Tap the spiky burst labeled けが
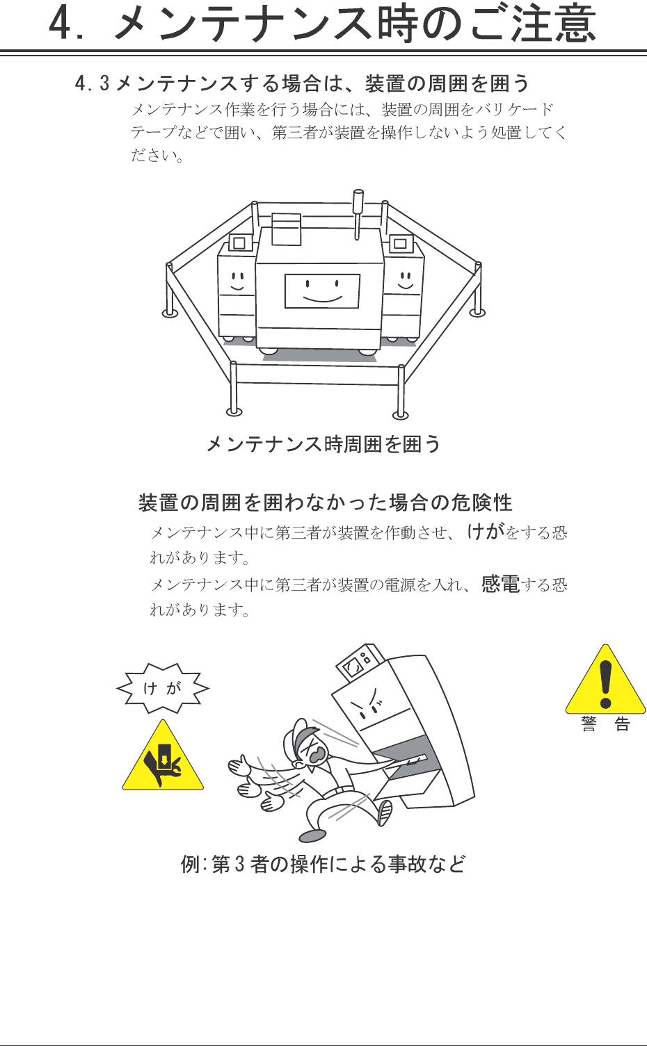pos(163,688)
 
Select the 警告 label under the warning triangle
pos(606,724)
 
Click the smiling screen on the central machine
pos(322,291)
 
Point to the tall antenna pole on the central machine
pos(358,214)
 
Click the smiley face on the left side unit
pos(237,281)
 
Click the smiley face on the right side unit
pos(405,280)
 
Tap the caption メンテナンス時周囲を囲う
pos(323,443)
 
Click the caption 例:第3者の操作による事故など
pos(323,864)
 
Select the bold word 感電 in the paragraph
pos(501,584)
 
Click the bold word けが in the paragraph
pos(486,532)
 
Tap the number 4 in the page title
pos(60,24)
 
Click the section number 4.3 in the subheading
pos(92,83)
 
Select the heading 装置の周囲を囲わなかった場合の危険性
pos(326,503)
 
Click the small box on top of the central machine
pos(287,229)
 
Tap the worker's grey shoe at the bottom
pos(312,835)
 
